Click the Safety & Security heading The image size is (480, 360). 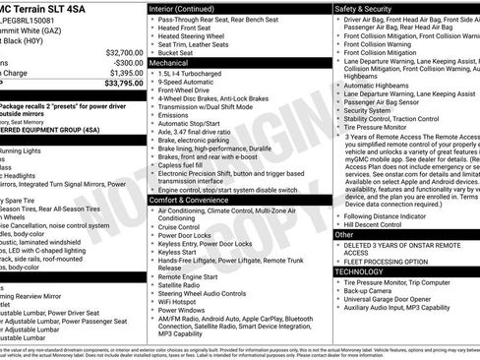tap(365, 7)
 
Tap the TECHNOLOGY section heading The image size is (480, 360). tap(360, 270)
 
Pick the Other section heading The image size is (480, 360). tap(344, 235)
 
